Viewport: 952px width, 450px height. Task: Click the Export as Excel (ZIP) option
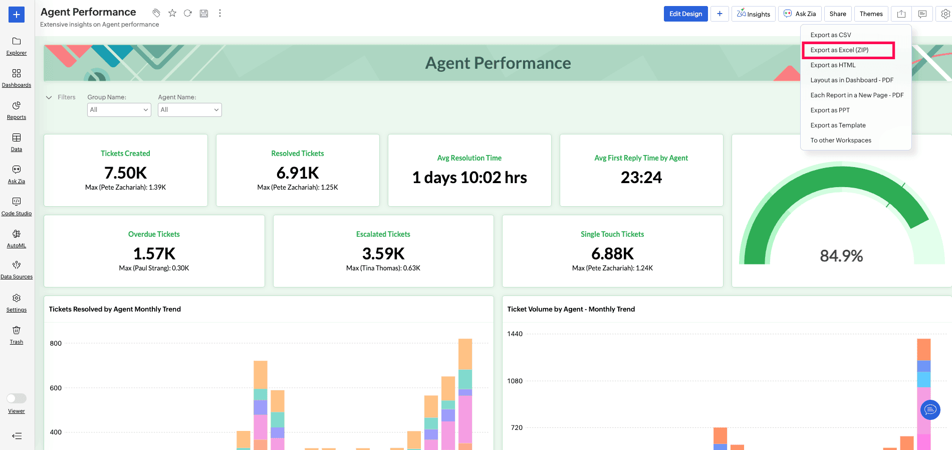[839, 50]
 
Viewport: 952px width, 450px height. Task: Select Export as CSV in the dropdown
[831, 35]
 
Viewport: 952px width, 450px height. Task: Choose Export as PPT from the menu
[830, 110]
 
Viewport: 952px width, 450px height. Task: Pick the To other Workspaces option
[841, 140]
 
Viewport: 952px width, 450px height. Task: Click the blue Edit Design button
[686, 14]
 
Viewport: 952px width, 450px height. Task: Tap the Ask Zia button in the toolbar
[800, 14]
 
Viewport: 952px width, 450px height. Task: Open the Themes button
[871, 14]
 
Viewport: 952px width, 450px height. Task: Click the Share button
[838, 14]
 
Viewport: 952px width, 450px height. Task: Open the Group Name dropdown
[119, 110]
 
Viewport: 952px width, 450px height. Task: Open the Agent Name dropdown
[190, 110]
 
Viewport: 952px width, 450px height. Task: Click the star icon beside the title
[172, 13]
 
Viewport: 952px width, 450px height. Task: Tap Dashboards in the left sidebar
[17, 78]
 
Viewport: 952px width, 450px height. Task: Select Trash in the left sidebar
[17, 335]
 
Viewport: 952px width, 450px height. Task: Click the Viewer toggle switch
[17, 398]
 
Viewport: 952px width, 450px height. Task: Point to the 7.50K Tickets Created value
[126, 173]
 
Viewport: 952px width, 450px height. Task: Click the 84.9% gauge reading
[841, 256]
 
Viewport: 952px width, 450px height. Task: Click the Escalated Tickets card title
[383, 234]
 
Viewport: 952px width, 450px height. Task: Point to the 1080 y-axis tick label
[515, 381]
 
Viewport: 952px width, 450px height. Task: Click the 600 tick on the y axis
[56, 388]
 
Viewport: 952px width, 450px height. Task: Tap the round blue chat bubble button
[930, 410]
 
